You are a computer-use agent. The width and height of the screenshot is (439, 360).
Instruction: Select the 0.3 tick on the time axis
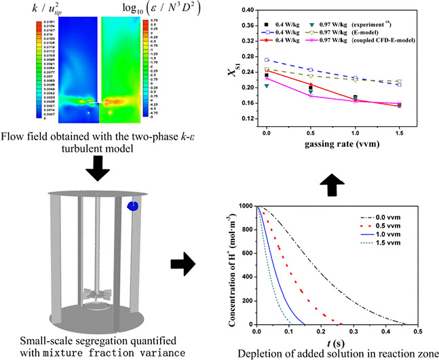(352, 333)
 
